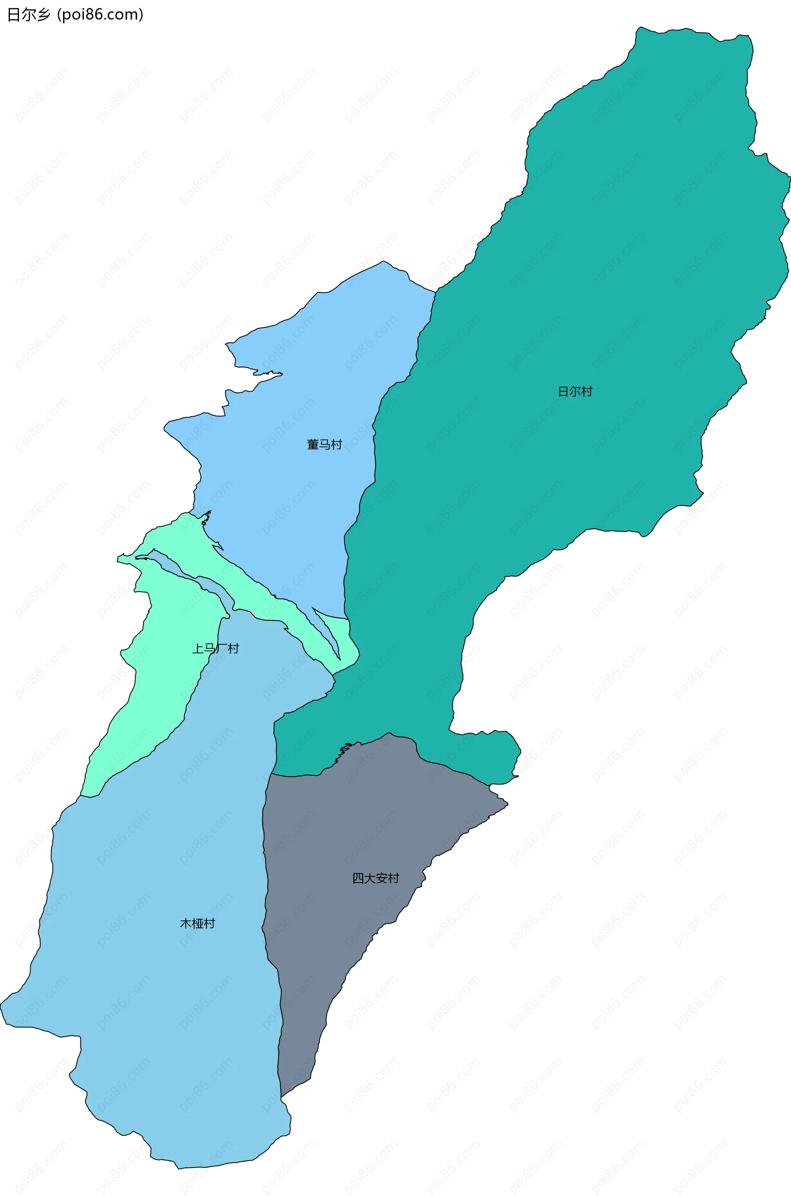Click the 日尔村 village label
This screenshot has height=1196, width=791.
click(575, 391)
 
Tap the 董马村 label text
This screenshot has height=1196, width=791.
click(324, 444)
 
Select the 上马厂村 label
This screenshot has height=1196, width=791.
click(215, 648)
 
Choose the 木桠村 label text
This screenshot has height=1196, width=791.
click(197, 923)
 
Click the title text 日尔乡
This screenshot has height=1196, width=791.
click(29, 15)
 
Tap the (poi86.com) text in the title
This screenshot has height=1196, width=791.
click(101, 15)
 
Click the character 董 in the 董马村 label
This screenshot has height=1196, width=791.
click(313, 444)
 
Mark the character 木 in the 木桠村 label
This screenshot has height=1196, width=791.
click(186, 923)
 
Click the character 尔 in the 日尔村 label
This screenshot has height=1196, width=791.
click(575, 391)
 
